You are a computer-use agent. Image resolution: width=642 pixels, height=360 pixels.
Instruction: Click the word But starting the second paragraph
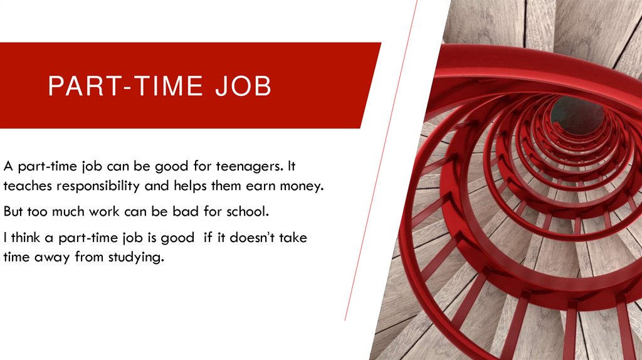15,210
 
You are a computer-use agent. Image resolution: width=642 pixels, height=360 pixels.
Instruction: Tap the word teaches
25,186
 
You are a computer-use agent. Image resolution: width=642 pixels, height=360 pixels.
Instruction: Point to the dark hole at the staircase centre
577,115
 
